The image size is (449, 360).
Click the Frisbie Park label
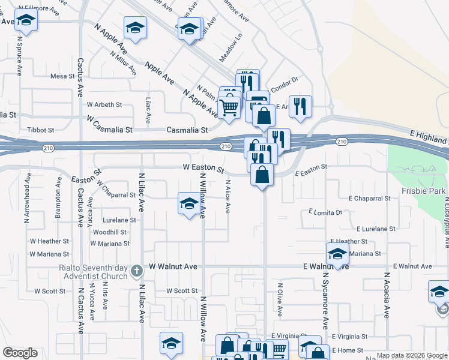click(x=424, y=191)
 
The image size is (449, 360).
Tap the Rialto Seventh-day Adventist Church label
click(x=94, y=272)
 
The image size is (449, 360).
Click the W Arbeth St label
click(x=105, y=104)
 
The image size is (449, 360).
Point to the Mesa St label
click(x=62, y=76)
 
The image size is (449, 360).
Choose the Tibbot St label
click(x=41, y=130)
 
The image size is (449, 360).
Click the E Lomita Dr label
click(x=325, y=212)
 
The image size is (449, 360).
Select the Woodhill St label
click(x=110, y=232)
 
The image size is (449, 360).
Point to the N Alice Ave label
click(x=228, y=197)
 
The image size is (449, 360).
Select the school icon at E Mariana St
click(x=337, y=254)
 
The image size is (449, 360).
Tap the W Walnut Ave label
click(x=173, y=266)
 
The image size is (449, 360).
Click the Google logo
click(x=20, y=353)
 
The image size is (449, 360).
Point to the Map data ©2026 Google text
click(x=412, y=355)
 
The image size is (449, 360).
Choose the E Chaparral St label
click(x=373, y=198)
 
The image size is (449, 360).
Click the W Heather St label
click(x=53, y=241)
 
